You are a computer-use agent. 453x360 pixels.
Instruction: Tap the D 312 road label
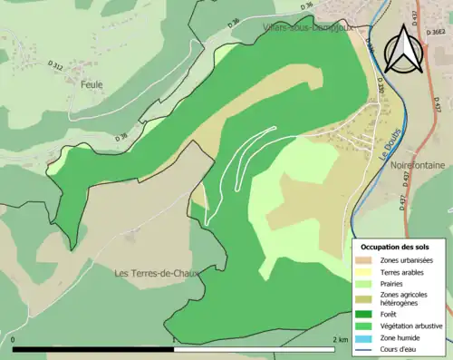point(56,66)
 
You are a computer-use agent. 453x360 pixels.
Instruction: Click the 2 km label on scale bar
point(340,339)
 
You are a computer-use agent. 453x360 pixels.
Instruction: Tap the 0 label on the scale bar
point(14,339)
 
